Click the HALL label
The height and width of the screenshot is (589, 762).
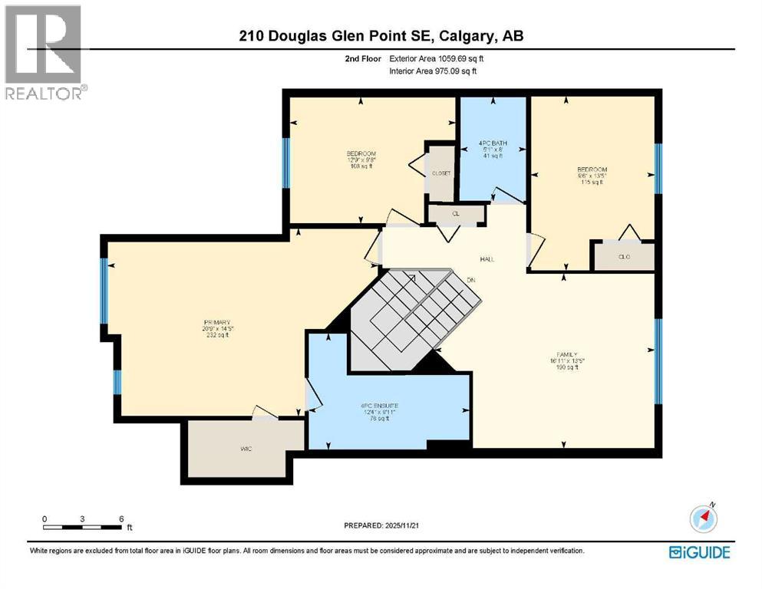pyautogui.click(x=487, y=259)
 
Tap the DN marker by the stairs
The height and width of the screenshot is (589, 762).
pyautogui.click(x=472, y=281)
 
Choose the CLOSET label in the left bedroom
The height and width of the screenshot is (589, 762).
pyautogui.click(x=441, y=173)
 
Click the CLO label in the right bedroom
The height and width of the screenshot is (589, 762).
pyautogui.click(x=623, y=256)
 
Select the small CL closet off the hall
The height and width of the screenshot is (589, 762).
pyautogui.click(x=456, y=214)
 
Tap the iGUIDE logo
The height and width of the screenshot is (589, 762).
pyautogui.click(x=699, y=552)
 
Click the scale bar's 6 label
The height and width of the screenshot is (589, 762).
pyautogui.click(x=121, y=518)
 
